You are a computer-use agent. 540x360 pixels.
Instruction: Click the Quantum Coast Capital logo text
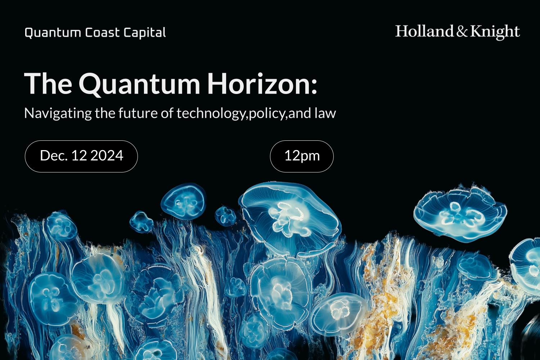[95, 33]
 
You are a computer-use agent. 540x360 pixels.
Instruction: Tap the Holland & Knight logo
[457, 32]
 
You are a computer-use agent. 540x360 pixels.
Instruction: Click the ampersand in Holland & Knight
[462, 32]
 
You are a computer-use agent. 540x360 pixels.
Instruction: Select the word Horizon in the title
[257, 84]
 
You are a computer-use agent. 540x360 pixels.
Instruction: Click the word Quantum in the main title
[139, 84]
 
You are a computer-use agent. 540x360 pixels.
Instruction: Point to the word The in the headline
[48, 84]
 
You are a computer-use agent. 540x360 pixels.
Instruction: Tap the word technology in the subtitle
[210, 113]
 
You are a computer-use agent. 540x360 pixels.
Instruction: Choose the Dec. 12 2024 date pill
[81, 156]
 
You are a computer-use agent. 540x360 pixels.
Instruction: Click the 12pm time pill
[302, 156]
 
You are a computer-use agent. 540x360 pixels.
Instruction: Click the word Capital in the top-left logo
[144, 33]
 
